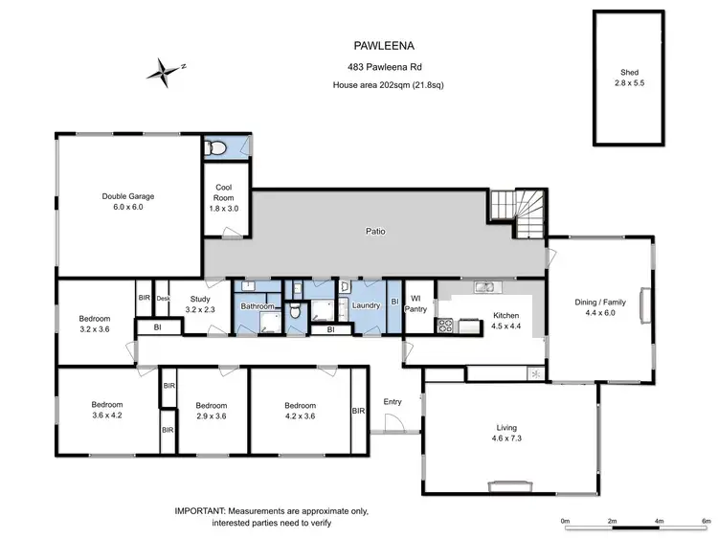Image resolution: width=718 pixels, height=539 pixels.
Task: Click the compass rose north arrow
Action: pos(166,69)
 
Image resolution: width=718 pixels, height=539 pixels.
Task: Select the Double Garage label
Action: pos(127,201)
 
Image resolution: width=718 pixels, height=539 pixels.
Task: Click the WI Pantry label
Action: pos(417,303)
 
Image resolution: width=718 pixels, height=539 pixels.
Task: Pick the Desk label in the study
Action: pos(163,298)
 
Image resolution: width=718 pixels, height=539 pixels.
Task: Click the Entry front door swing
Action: pos(410,417)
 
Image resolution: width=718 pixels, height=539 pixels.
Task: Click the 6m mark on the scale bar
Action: pos(706,521)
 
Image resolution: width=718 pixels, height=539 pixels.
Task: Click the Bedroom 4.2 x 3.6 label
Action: pos(300,410)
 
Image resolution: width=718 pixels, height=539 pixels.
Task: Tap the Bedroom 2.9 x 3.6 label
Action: pos(211,410)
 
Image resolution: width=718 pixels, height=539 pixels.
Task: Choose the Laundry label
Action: pos(367,305)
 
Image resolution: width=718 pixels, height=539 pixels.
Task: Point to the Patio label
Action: pos(375,231)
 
